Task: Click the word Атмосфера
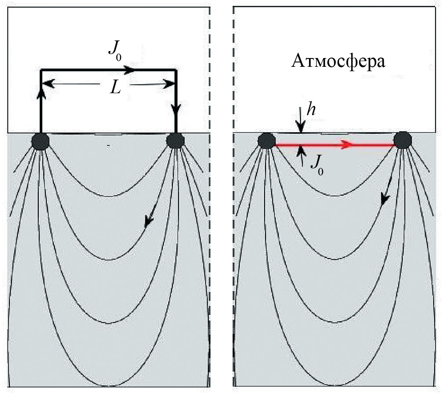pos(338,61)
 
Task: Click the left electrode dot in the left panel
pos(40,142)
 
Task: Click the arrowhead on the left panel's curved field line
pos(149,222)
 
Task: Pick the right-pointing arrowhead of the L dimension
pos(169,84)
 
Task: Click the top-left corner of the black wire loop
pos(41,70)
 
